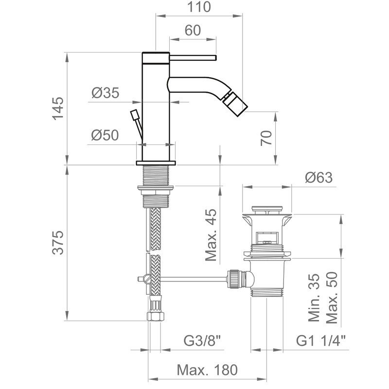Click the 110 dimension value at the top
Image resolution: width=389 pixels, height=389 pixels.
click(199, 7)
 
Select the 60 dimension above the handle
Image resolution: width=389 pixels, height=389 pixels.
click(193, 30)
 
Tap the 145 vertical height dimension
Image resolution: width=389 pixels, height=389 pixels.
click(58, 108)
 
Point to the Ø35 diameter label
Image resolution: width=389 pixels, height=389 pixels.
click(105, 93)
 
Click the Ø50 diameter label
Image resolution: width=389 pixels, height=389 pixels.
click(105, 135)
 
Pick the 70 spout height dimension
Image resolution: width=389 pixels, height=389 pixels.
click(266, 138)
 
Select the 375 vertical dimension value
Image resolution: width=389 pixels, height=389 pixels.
click(58, 242)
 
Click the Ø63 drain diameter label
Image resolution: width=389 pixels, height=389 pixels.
click(319, 177)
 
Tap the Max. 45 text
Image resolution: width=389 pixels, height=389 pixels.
click(211, 235)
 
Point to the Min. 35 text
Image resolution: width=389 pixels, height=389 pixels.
click(314, 298)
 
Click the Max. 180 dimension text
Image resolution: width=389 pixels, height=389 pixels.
click(207, 370)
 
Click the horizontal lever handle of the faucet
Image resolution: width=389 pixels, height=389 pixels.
click(193, 58)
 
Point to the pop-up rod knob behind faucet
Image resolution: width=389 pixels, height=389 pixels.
click(134, 115)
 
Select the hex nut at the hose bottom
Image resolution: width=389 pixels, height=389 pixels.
click(156, 317)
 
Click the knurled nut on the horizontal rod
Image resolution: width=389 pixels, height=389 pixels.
click(233, 279)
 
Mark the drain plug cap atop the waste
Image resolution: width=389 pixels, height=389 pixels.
click(267, 209)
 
